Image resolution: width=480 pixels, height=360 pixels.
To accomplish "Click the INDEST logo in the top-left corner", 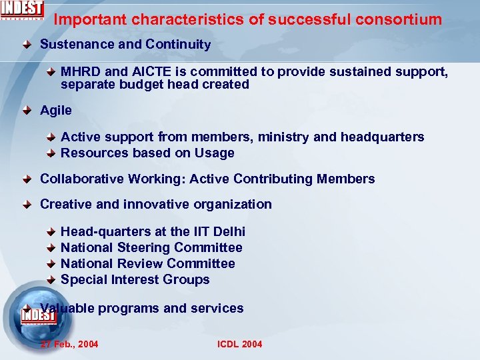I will (23, 10).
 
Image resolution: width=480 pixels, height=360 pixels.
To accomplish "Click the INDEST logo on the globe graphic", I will (37, 315).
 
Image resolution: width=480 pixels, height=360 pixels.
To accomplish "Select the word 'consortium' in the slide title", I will (403, 19).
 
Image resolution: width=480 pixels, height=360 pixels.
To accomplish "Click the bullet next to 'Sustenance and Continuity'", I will (26, 45).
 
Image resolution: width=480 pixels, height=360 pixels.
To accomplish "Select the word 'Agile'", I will (56, 110).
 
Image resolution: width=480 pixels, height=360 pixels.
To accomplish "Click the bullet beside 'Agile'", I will (26, 111).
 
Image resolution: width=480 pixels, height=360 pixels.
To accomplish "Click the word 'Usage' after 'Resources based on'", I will (214, 153).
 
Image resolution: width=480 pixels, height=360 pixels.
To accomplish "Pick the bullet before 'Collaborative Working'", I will (26, 179).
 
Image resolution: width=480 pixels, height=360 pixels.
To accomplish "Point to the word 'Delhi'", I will (229, 232).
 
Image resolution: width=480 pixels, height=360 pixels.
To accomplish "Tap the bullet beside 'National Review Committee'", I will (51, 265).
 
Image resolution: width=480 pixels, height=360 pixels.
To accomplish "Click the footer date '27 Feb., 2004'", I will (69, 344).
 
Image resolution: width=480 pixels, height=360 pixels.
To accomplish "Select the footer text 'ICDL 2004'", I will (239, 344).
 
